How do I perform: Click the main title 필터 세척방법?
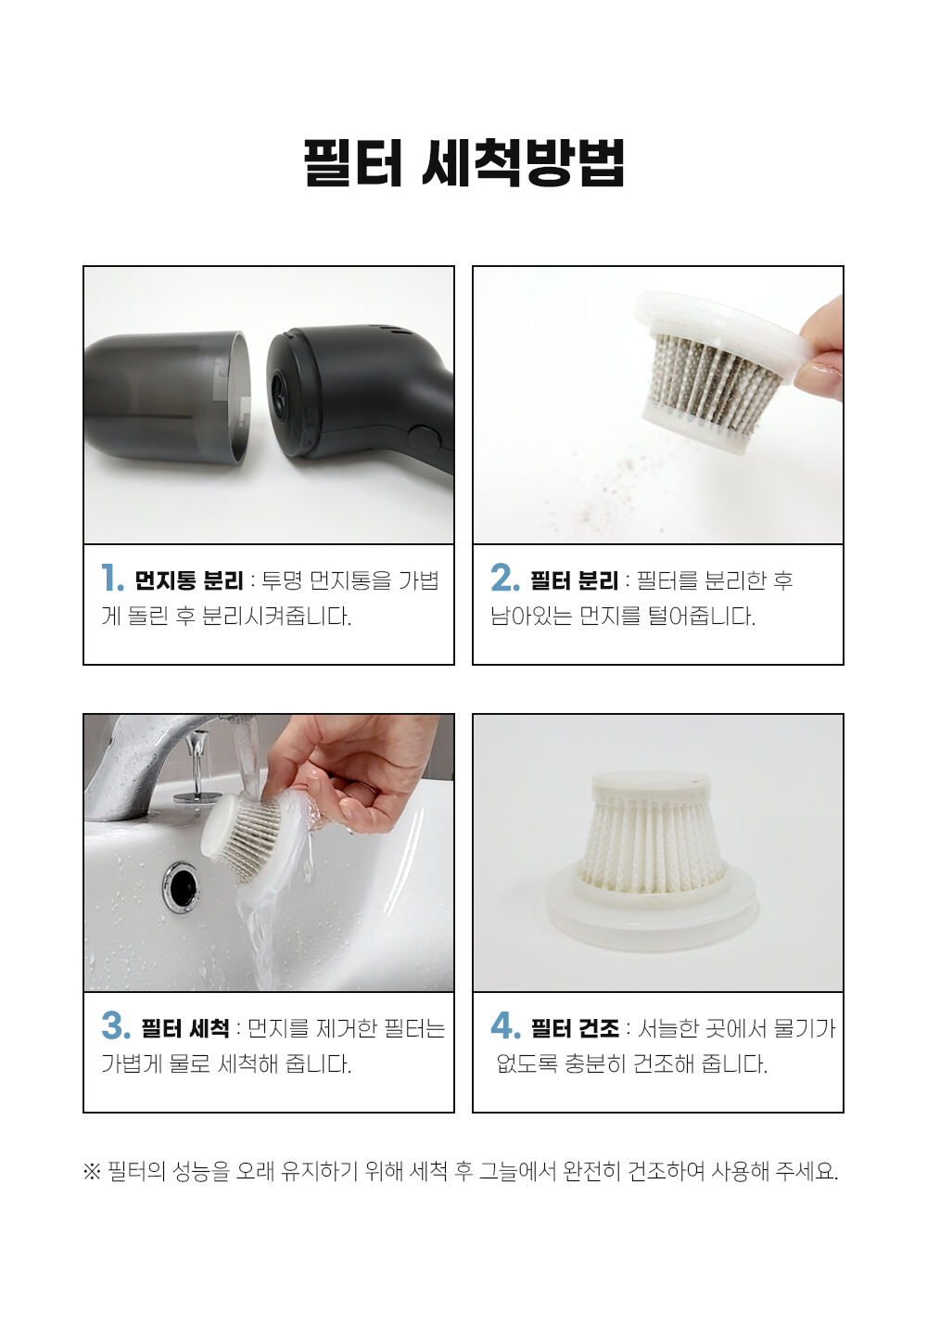tap(463, 163)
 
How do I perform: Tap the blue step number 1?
tap(112, 578)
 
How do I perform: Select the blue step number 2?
tap(504, 578)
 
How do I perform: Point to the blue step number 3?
tap(116, 1025)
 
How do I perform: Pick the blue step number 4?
tap(506, 1025)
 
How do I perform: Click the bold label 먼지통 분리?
tap(188, 580)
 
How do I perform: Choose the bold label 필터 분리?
tap(574, 580)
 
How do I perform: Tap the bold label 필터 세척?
tap(184, 1028)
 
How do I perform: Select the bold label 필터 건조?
tap(575, 1028)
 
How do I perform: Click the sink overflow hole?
tap(182, 884)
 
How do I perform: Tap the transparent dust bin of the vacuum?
tap(167, 397)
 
